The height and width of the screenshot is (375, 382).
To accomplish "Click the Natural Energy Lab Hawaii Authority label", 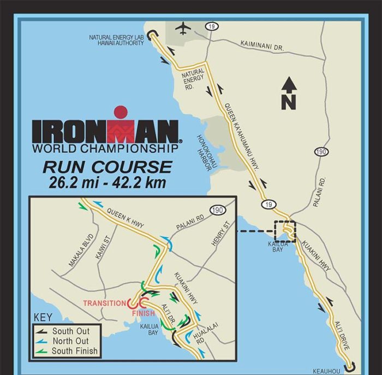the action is tap(116, 40).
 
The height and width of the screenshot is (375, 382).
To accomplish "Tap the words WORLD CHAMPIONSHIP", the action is tap(105, 148).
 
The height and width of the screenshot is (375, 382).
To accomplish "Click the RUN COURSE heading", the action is tap(108, 166).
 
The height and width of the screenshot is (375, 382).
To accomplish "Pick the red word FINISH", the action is tap(144, 314).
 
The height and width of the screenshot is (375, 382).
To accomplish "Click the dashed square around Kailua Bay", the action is tap(284, 231).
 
